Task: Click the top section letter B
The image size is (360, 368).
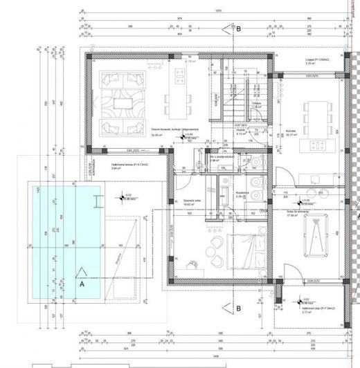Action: click(237, 29)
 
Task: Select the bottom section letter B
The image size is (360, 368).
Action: click(237, 309)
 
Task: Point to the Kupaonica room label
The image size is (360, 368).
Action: click(242, 195)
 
